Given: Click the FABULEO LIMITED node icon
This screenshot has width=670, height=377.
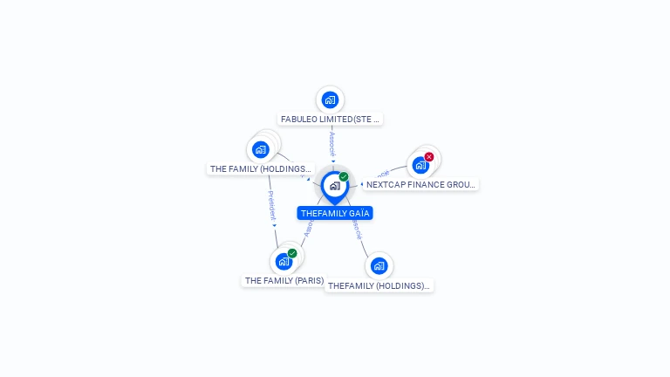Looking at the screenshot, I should click(x=330, y=99).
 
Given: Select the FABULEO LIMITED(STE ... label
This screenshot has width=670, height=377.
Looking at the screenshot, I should click(x=330, y=119).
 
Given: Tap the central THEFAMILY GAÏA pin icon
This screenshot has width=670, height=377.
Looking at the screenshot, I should click(x=334, y=185).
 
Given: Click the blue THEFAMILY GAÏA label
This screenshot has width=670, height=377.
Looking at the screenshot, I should click(x=335, y=213).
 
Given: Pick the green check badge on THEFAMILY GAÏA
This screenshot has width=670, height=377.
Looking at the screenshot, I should click(x=344, y=176).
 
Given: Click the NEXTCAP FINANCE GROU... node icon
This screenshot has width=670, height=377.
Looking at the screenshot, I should click(x=420, y=165).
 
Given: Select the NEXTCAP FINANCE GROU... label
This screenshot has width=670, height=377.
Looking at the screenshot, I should click(x=420, y=185).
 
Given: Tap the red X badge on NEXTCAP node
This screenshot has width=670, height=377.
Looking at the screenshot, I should click(x=429, y=157).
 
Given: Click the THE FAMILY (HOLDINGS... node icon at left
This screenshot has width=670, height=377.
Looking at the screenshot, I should click(x=261, y=149).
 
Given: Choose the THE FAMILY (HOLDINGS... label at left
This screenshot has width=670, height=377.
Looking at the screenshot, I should click(x=260, y=168).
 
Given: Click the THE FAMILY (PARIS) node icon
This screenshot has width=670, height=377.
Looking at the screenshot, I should click(x=284, y=261).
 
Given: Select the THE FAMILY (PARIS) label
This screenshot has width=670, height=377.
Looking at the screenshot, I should click(x=284, y=281).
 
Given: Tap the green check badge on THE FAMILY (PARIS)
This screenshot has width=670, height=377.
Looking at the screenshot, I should click(x=292, y=253).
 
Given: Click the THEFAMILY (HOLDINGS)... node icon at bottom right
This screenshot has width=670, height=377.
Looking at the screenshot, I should click(x=379, y=265).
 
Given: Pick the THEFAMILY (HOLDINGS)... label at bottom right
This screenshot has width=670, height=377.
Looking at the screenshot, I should click(x=379, y=285).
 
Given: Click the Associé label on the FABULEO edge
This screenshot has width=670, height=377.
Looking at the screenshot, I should click(x=332, y=142).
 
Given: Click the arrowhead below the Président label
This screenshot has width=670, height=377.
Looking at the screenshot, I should click(x=274, y=225).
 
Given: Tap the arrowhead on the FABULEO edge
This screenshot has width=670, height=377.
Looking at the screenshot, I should click(x=333, y=161).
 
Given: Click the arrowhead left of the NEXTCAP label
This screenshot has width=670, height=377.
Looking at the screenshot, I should click(x=361, y=184).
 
